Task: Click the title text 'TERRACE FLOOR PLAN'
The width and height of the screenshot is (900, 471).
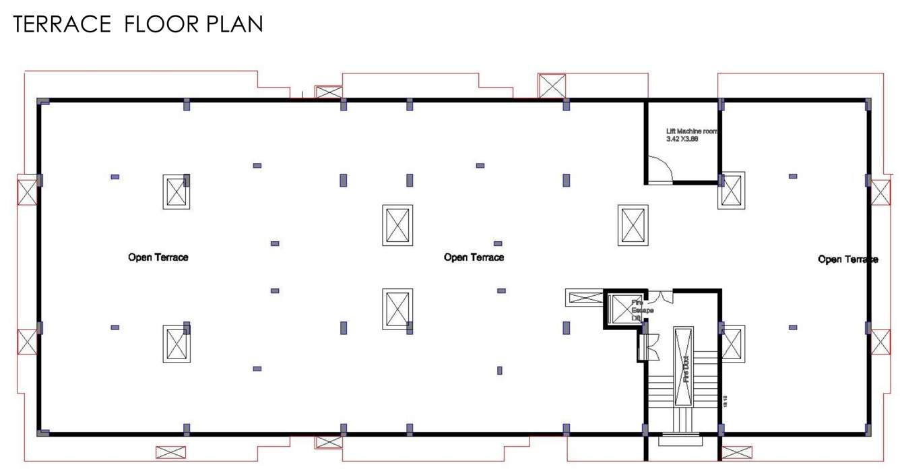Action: [138, 24]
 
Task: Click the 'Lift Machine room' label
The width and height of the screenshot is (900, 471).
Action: [691, 131]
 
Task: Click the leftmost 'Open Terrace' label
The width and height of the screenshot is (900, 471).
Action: [158, 257]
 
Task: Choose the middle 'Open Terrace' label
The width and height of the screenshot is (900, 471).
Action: [474, 257]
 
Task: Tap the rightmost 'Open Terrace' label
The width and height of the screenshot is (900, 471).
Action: [847, 259]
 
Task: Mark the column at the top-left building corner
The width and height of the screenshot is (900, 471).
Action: [43, 102]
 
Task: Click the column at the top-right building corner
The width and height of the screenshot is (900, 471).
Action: [868, 104]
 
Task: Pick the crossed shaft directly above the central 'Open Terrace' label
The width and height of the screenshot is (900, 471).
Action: [397, 225]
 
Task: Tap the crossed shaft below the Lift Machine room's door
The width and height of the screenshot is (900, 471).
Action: [633, 225]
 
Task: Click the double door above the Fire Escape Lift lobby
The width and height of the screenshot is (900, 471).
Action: [662, 296]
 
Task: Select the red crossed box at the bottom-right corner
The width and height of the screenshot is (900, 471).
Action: [736, 452]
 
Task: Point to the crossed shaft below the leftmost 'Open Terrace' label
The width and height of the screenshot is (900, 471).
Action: [176, 344]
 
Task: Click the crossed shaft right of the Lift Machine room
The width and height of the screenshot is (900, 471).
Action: [732, 190]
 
